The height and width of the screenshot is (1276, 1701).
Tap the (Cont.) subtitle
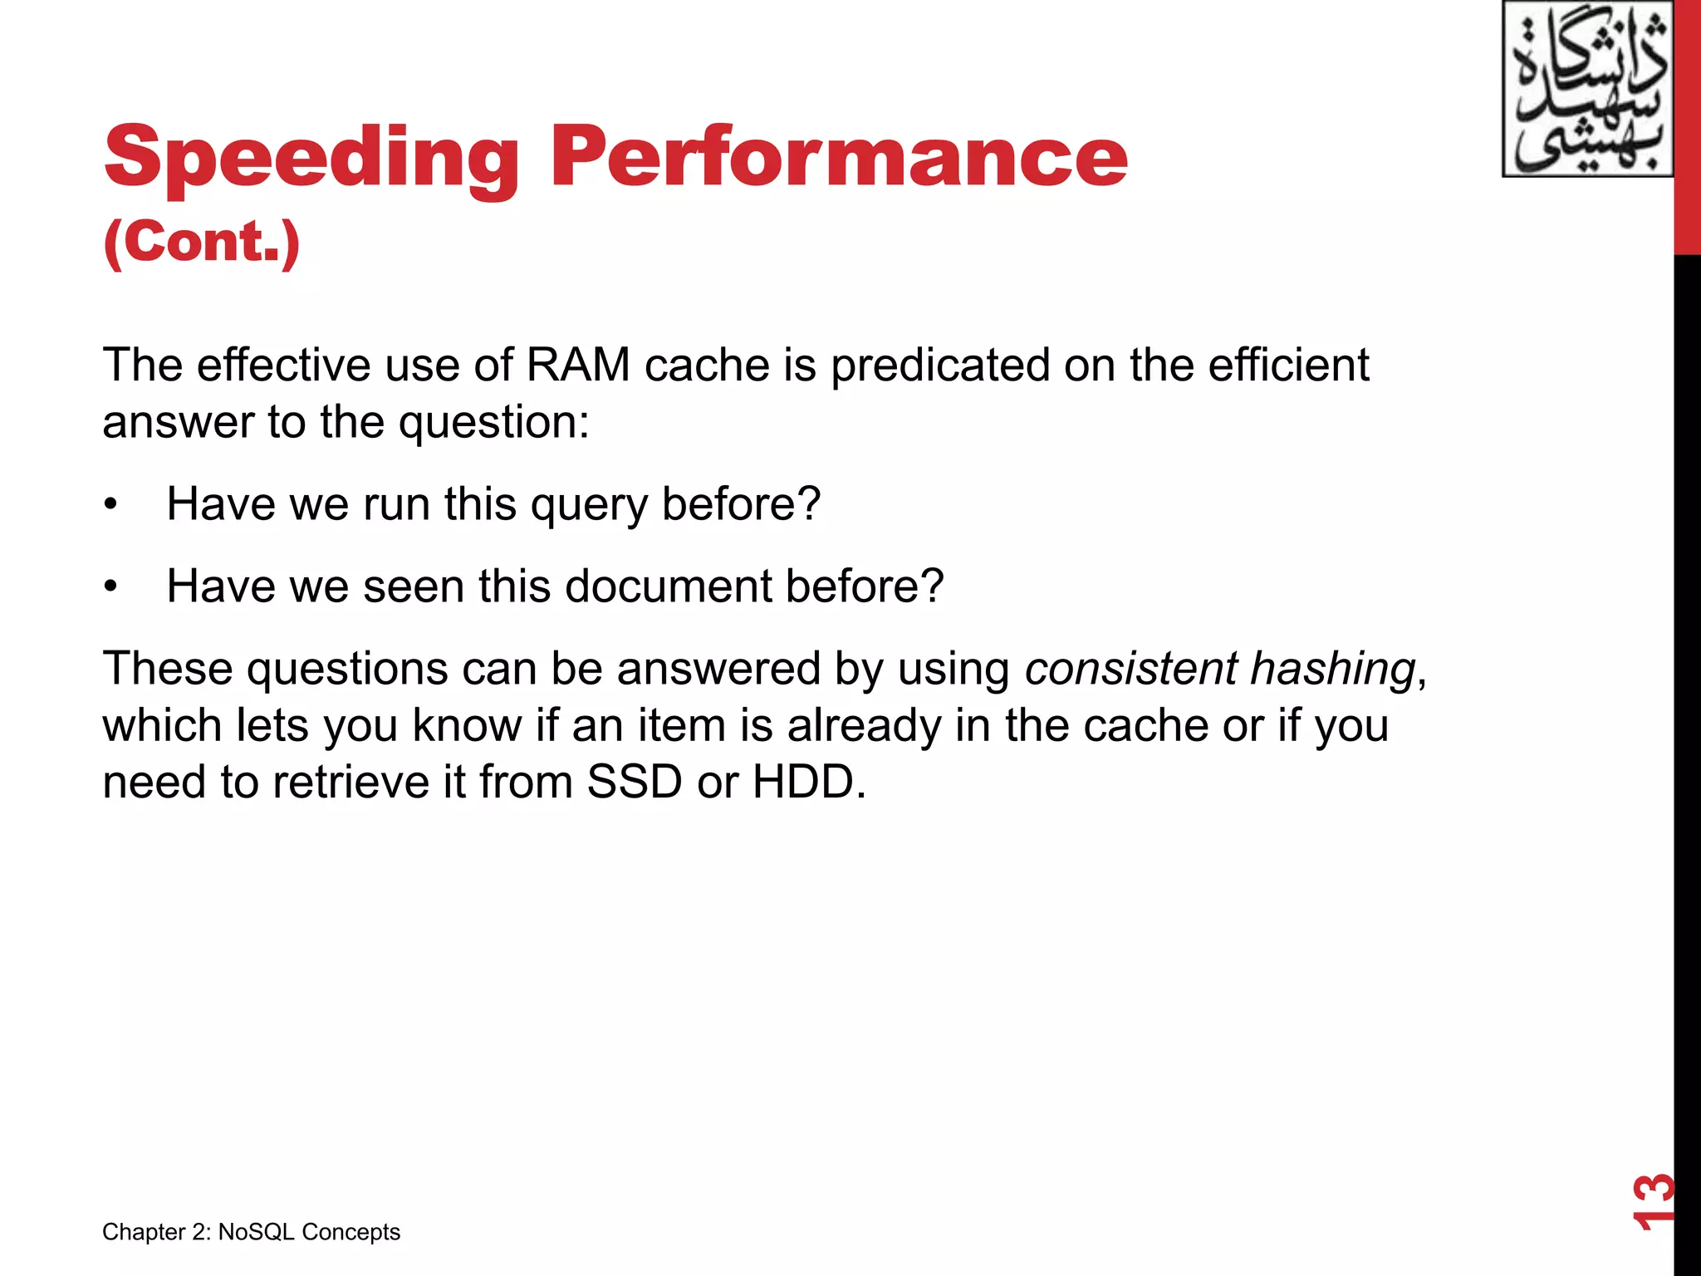[201, 242]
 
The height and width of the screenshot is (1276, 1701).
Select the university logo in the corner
[1586, 90]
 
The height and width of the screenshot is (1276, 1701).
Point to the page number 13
[1652, 1201]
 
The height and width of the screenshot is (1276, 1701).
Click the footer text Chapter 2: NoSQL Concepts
[251, 1231]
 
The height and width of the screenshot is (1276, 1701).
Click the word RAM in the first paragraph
[578, 365]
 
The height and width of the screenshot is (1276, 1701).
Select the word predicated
[940, 366]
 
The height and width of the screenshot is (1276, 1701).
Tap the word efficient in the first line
[1288, 365]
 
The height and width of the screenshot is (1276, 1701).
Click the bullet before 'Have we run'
[111, 505]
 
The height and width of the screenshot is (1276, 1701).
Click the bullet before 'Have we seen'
[111, 587]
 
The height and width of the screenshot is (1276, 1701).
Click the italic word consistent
[1130, 669]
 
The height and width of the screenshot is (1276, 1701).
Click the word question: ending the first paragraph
[493, 423]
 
